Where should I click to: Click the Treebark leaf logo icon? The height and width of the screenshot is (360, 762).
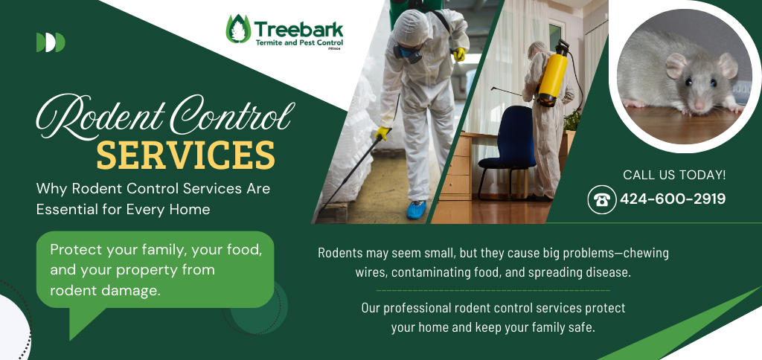238,29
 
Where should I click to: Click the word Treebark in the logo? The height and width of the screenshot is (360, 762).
298,29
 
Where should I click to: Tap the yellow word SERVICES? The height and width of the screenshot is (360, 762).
185,155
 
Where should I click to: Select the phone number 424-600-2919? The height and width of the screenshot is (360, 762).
673,199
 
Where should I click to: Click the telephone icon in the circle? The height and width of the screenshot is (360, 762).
602,200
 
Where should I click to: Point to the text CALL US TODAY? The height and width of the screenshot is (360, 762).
674,175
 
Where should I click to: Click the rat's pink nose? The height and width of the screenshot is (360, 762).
699,105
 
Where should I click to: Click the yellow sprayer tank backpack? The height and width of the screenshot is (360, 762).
553,73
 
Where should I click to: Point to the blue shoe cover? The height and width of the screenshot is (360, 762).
417,210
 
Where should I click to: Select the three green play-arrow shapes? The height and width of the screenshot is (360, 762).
51,42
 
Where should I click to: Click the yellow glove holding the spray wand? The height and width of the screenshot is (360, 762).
382,133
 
